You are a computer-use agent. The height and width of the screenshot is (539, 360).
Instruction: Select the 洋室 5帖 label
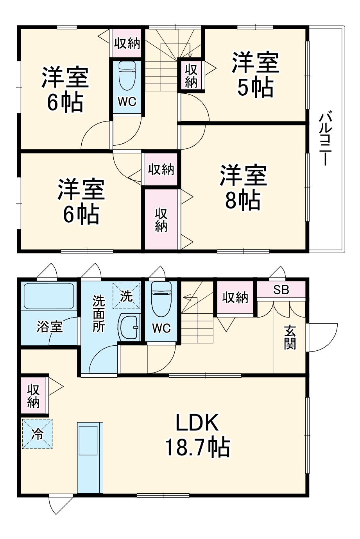[255, 75]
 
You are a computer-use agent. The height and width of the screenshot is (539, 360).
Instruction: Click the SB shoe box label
[281, 290]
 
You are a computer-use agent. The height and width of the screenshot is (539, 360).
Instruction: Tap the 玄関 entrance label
[290, 337]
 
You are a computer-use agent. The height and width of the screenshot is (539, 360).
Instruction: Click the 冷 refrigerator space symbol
[37, 434]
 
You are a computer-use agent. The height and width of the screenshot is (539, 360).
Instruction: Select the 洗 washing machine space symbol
[126, 296]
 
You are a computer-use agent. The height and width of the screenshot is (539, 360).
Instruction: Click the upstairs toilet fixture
[127, 76]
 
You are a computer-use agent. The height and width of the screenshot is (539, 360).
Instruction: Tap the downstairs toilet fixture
[161, 299]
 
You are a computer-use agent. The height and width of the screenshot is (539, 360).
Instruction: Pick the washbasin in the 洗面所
[129, 327]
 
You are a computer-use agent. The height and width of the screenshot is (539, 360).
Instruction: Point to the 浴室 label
[50, 327]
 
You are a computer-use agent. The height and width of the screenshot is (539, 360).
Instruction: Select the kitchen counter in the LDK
[90, 457]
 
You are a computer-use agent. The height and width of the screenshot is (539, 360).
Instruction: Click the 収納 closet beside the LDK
[34, 395]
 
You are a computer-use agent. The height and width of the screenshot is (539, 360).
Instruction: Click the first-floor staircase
[197, 312]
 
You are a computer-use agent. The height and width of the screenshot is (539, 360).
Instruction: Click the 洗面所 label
[99, 314]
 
